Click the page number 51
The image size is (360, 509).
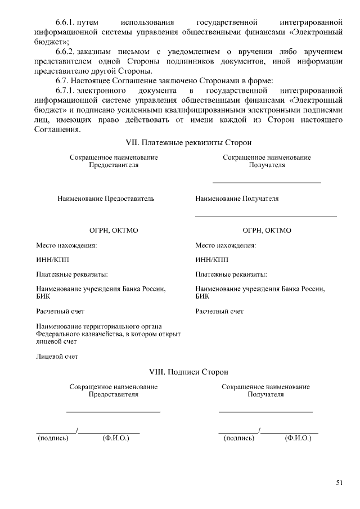click(339, 482)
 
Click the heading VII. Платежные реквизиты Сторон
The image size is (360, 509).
click(188, 143)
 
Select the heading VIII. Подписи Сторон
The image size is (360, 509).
click(188, 372)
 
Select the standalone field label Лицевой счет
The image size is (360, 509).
click(57, 356)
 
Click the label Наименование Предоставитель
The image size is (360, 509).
click(106, 199)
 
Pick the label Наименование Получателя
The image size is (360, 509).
click(237, 199)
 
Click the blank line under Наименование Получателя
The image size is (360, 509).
click(265, 216)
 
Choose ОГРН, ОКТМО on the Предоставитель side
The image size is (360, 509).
click(114, 231)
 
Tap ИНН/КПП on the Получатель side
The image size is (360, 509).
click(212, 260)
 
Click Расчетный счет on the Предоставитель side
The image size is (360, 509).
click(60, 311)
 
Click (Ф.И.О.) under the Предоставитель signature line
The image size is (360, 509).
click(116, 438)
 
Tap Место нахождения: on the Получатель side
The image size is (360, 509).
click(226, 245)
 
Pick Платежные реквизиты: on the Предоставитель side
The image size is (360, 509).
click(72, 274)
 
